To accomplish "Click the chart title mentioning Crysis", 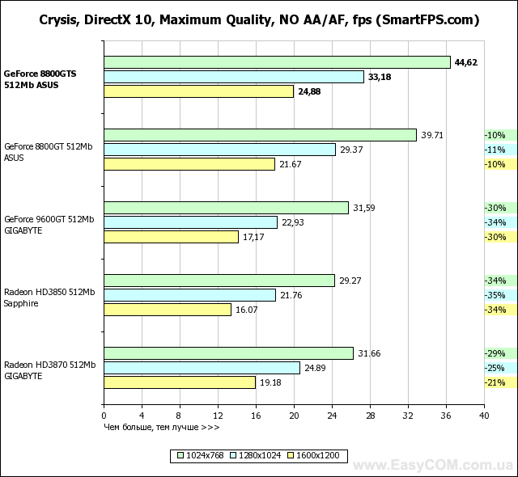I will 259,20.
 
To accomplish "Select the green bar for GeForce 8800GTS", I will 277,62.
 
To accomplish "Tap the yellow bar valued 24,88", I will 198,91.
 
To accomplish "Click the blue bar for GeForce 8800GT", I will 219,150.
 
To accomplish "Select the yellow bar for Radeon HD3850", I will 168,310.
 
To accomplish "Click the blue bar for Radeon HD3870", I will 202,368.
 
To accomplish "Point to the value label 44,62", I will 466,62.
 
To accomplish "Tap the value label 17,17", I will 254,237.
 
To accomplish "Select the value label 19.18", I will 271,382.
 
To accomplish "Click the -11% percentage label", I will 495,150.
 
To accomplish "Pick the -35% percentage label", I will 495,295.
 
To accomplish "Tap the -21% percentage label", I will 495,382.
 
